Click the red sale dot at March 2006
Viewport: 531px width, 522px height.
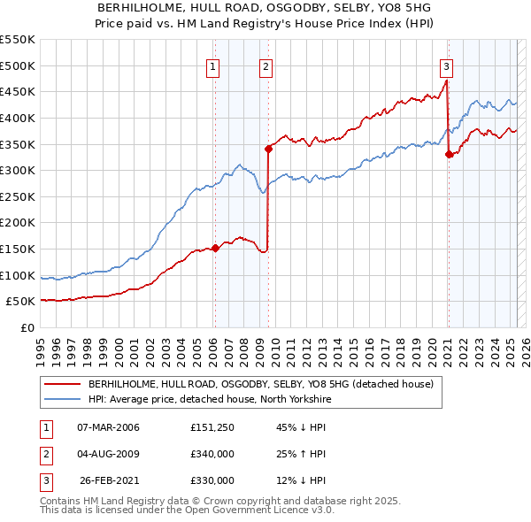click(x=215, y=248)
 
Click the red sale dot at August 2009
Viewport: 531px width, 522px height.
click(x=268, y=149)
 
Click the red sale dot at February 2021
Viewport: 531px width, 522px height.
click(x=449, y=154)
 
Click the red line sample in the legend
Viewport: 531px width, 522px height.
click(x=63, y=384)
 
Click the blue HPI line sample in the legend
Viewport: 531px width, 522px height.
click(x=63, y=399)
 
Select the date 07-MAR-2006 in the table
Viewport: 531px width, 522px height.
click(x=109, y=427)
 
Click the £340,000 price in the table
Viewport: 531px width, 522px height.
click(x=212, y=454)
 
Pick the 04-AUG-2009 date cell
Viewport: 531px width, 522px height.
click(x=109, y=454)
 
